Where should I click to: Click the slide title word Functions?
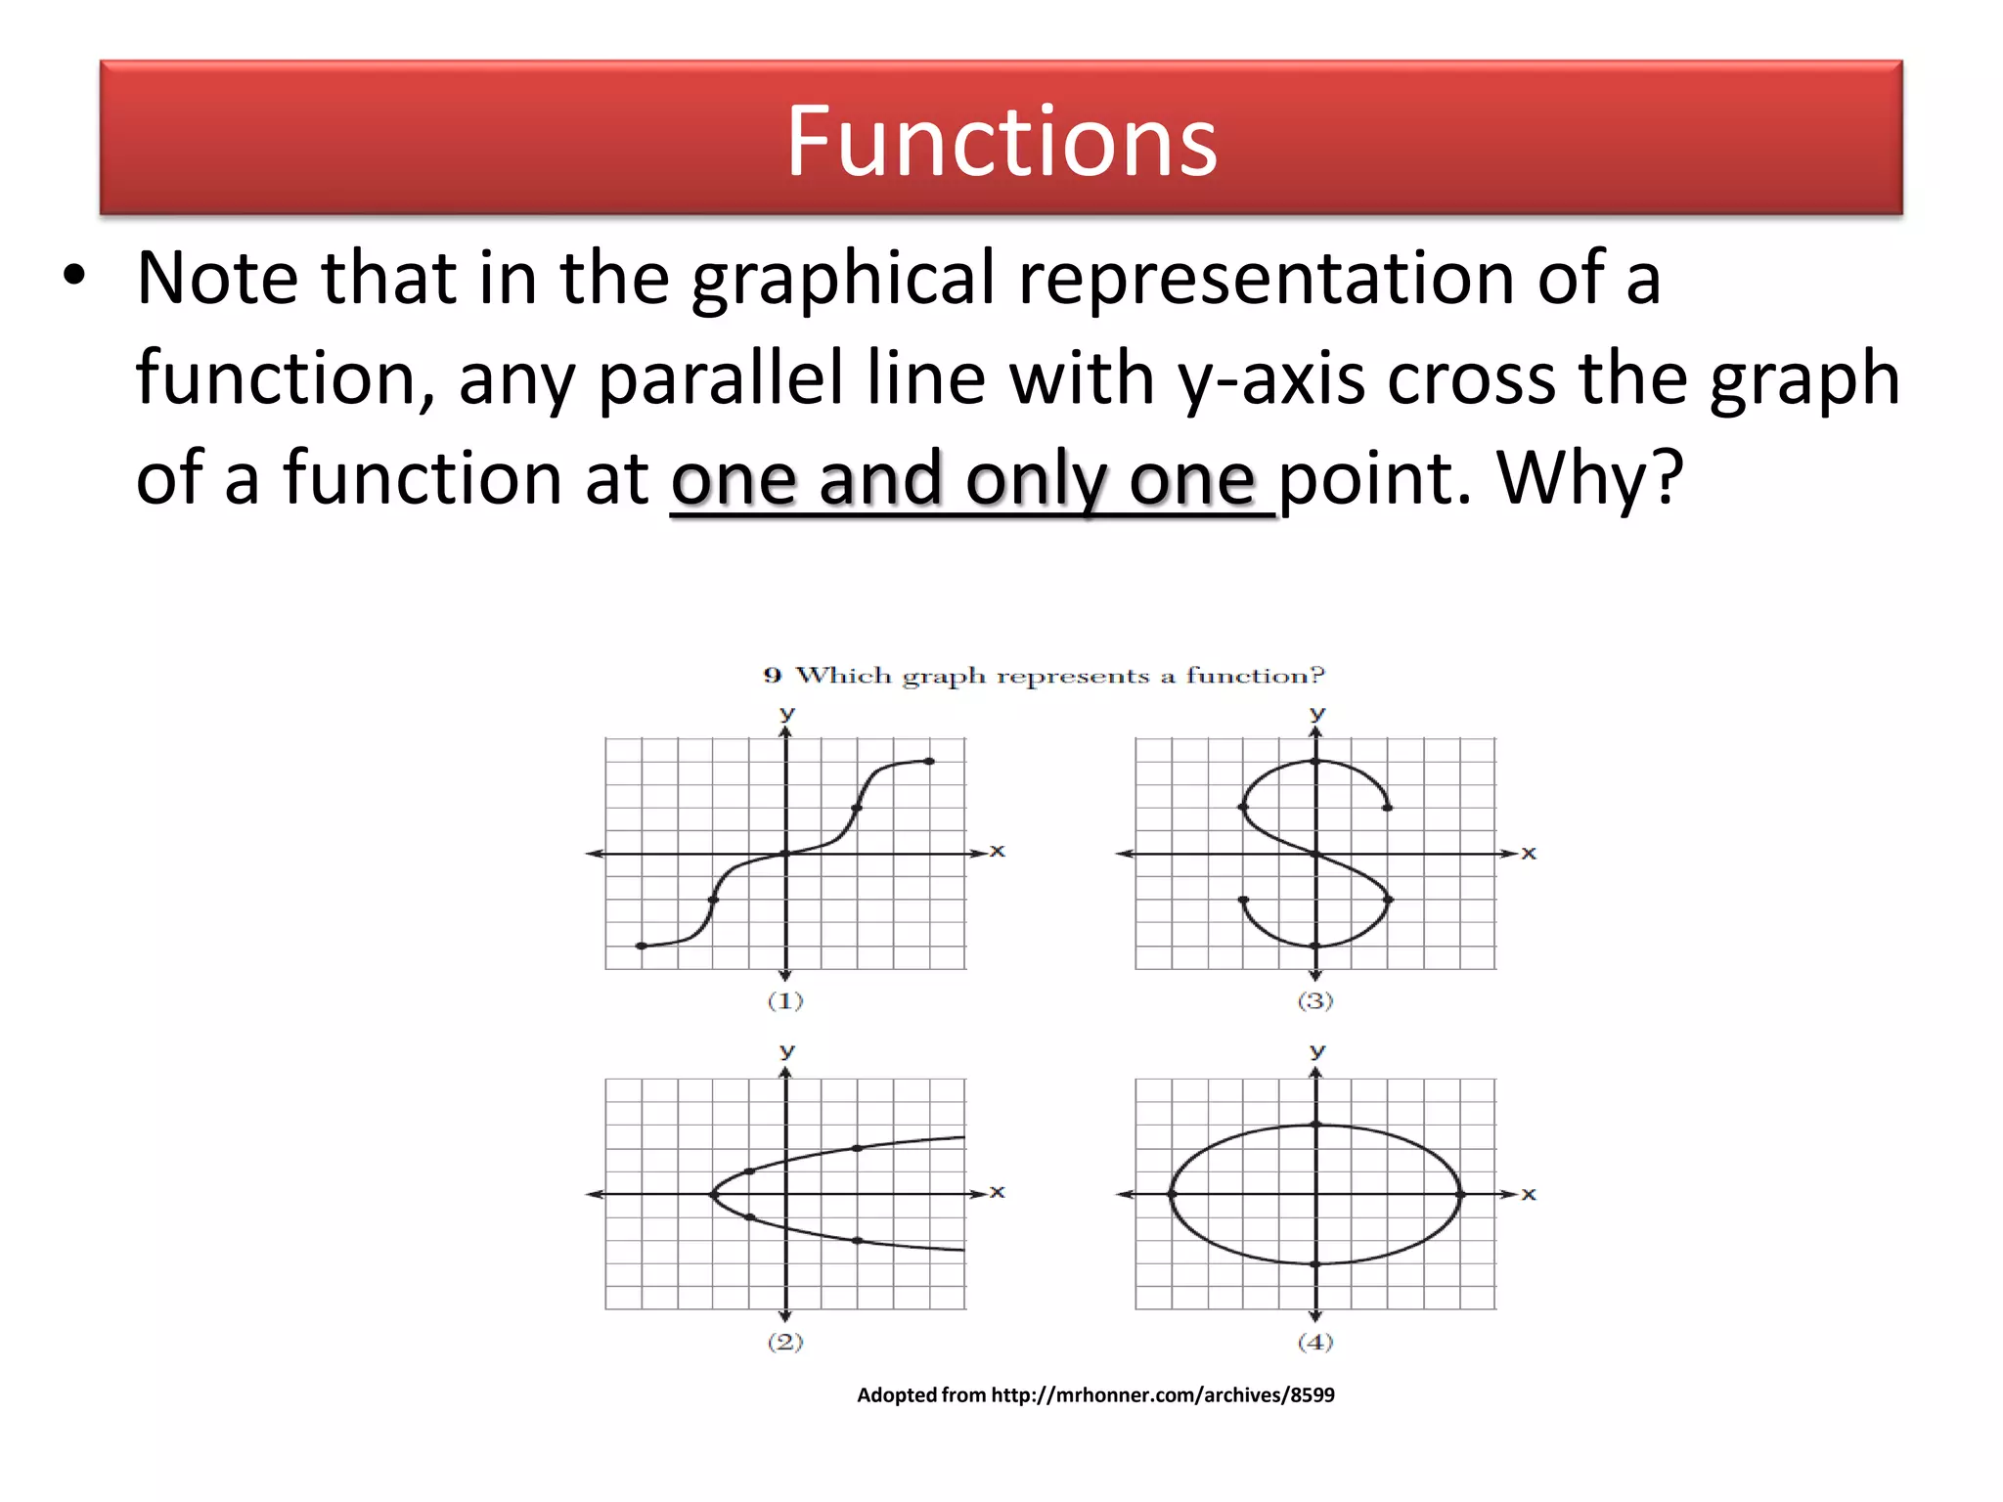pos(1001,143)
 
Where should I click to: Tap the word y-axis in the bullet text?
pos(1270,378)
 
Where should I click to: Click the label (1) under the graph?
pos(785,1000)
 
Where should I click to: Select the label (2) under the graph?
pos(785,1342)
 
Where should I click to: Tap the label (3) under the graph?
pos(1315,1000)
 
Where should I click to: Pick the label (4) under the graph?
pos(1315,1342)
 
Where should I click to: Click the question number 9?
pos(773,676)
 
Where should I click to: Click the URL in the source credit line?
pos(1163,1394)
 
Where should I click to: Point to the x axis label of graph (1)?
pos(997,851)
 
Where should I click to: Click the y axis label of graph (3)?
pos(1317,714)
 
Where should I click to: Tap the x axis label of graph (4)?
pos(1529,1194)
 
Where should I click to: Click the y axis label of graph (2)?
pos(787,1051)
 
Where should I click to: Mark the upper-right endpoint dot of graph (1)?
pos(929,761)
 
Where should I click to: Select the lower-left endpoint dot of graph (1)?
pos(641,946)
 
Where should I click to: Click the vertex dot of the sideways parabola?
pos(713,1194)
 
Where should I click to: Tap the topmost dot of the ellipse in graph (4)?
pos(1316,1125)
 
